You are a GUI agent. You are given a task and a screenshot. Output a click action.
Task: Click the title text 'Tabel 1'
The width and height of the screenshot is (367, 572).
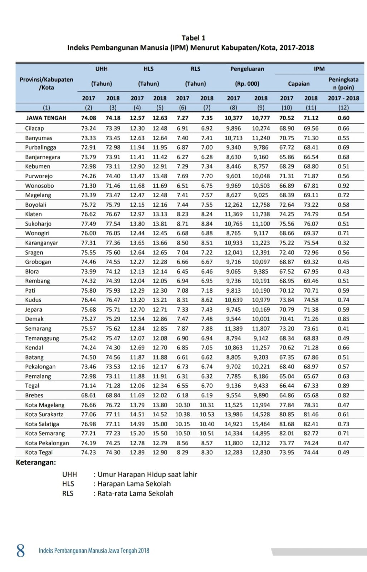[x=193, y=38]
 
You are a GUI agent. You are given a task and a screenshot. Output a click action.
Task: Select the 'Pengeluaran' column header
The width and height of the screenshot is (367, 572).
[x=247, y=69]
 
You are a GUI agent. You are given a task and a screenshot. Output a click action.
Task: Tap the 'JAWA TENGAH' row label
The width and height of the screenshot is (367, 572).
[x=46, y=118]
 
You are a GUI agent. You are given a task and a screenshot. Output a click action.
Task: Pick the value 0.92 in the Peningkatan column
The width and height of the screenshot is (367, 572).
[x=343, y=186]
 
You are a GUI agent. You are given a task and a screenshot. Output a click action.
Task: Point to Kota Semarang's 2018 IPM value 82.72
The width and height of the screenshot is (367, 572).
[x=311, y=433]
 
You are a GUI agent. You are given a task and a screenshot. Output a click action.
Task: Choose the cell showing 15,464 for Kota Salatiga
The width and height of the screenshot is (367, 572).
[x=261, y=424]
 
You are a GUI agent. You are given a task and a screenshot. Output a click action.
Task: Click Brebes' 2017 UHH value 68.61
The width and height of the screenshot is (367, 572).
[x=88, y=395]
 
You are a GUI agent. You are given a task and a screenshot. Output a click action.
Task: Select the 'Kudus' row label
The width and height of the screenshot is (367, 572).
[x=33, y=300]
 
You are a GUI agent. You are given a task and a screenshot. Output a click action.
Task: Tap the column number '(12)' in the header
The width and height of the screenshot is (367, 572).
[x=343, y=107]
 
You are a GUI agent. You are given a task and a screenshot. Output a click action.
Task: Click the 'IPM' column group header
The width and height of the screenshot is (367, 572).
[x=319, y=69]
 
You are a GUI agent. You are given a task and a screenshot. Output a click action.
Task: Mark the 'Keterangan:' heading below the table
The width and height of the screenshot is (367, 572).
[x=36, y=463]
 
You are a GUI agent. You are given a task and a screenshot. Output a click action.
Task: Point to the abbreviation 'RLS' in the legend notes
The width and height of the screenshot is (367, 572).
[x=68, y=493]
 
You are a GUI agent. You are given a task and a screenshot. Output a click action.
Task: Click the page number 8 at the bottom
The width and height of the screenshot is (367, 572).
[x=21, y=551]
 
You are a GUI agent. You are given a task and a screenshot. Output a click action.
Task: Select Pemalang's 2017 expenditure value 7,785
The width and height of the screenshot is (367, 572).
[x=233, y=376]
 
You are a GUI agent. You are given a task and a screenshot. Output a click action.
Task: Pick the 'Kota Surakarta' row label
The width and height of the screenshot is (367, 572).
[x=44, y=414]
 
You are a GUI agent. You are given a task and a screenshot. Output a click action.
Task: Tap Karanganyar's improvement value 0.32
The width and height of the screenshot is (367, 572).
[x=343, y=243]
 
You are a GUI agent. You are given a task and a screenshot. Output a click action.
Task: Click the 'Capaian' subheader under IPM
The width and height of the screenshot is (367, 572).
[x=299, y=84]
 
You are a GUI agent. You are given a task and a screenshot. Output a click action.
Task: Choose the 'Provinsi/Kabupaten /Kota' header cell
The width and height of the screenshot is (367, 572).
[x=46, y=83]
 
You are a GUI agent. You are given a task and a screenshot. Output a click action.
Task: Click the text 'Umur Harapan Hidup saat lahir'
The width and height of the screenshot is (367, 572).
[x=147, y=474]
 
